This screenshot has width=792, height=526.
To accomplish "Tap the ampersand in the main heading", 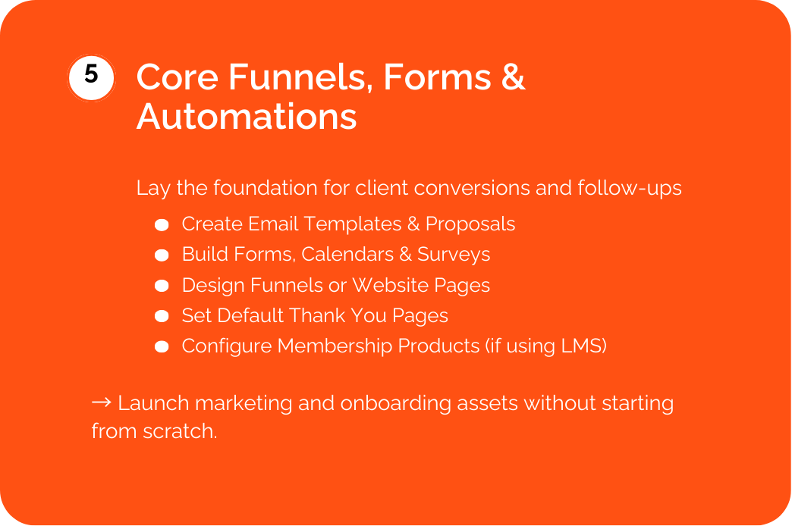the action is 513,77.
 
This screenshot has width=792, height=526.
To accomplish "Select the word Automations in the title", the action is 247,117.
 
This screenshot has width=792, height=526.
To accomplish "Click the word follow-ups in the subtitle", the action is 630,188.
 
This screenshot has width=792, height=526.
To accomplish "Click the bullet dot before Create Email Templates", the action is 162,224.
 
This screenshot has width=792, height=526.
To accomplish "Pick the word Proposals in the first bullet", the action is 470,224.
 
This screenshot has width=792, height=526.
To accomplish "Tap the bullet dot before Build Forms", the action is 162,255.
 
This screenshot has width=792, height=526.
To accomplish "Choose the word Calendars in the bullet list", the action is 347,255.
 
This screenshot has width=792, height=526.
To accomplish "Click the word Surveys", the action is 454,255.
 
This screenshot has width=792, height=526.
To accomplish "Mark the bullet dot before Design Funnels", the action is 162,286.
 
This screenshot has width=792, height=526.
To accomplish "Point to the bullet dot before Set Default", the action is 162,316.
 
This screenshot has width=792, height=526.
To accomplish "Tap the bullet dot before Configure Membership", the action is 162,346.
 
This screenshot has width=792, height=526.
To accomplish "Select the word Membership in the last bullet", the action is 335,346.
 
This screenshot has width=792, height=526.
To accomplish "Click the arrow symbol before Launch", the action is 102,402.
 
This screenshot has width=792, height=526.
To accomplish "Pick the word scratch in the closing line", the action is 180,431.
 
